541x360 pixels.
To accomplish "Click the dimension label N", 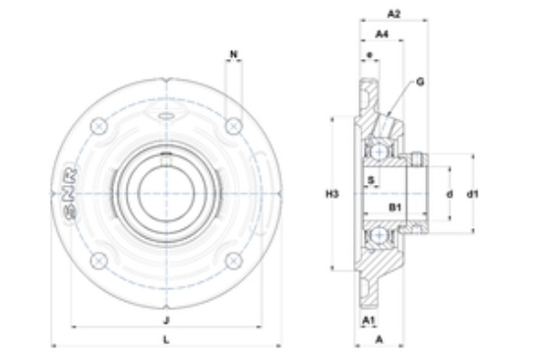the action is (234, 54).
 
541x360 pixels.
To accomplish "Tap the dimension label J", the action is (166, 321).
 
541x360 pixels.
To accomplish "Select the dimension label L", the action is (166, 340).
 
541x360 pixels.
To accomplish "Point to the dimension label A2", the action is (393, 14).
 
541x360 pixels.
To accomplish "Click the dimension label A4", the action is (382, 33).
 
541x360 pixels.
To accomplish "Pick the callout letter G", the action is (420, 83).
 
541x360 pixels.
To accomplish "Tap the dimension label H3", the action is (332, 195).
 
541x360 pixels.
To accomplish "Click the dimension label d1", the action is (473, 195).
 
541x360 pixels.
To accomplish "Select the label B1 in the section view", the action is (395, 208).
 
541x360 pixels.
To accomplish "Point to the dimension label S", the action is (371, 180).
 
